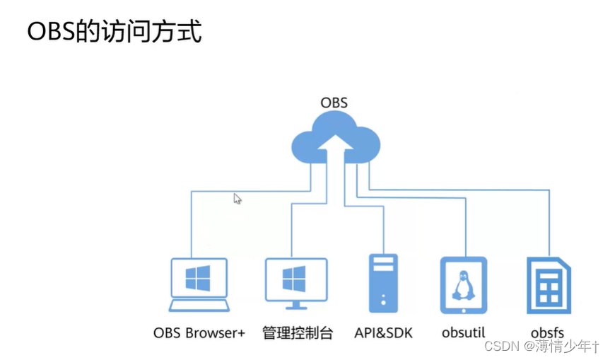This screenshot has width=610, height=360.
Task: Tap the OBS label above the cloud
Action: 334,103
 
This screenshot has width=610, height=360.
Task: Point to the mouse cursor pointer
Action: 237,199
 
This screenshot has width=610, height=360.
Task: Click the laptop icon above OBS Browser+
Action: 199,284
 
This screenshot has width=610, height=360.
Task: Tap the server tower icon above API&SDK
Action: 383,283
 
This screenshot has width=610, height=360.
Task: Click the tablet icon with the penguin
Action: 463,285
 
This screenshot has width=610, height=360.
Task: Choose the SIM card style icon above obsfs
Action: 549,285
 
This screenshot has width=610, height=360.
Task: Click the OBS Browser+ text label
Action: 199,332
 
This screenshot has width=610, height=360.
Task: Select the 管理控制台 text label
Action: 297,332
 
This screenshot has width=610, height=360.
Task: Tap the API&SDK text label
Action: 383,332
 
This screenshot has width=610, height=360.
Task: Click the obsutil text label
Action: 464,332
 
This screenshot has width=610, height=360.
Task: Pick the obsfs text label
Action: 547,332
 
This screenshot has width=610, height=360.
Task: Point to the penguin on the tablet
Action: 463,284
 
